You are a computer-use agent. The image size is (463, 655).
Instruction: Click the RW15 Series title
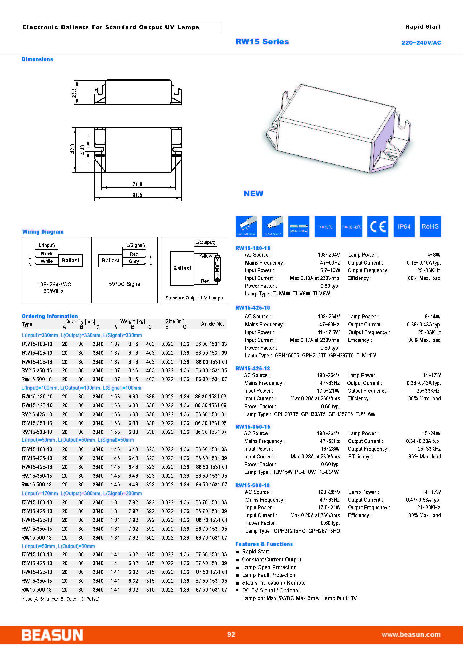tap(262, 42)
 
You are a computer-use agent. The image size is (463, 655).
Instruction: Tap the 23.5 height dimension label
tap(74, 93)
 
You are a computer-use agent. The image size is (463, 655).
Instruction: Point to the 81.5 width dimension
tap(138, 195)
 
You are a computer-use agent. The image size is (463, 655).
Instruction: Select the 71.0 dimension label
tap(138, 185)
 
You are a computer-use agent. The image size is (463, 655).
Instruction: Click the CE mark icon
tap(377, 226)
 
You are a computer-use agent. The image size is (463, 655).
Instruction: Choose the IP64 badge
tap(404, 226)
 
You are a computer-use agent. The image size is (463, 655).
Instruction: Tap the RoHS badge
tap(430, 226)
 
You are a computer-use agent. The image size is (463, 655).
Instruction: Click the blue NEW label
tap(253, 194)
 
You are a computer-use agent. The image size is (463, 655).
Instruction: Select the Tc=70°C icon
tap(325, 226)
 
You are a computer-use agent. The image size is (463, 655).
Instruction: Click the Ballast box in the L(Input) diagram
tap(70, 261)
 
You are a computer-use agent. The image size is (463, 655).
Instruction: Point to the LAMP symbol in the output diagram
tap(217, 268)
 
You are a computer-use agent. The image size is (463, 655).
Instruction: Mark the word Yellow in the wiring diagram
tap(205, 256)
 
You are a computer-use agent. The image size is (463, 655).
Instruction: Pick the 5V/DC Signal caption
tap(125, 284)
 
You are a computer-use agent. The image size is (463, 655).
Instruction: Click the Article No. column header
tap(212, 324)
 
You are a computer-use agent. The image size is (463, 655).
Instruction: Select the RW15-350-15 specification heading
tap(253, 426)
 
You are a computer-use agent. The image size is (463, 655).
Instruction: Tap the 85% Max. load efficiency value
tap(425, 456)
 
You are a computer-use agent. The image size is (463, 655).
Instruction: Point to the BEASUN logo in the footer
tap(52, 635)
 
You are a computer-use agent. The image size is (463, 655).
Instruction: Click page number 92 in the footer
tap(231, 634)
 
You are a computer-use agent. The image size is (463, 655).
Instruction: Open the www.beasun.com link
tap(411, 634)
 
